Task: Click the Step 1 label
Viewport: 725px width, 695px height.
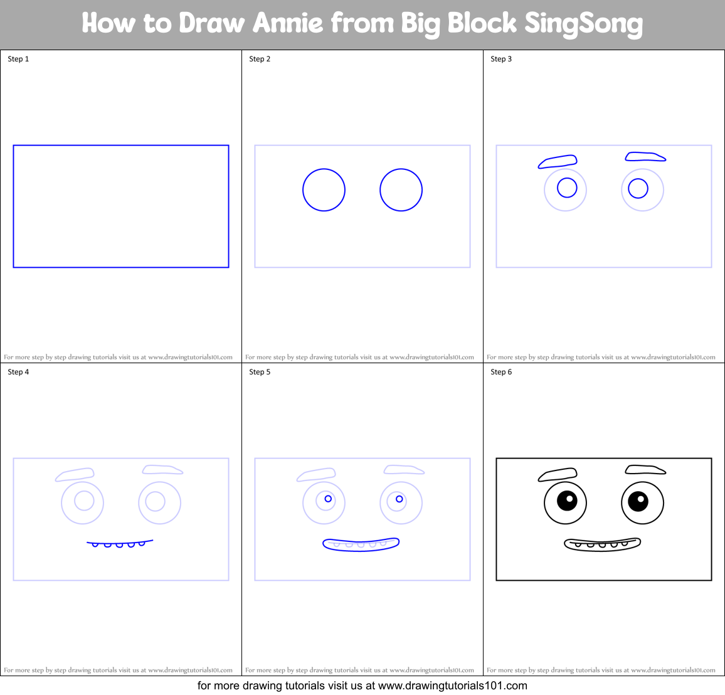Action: click(x=18, y=59)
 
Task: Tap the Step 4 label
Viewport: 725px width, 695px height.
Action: click(x=18, y=372)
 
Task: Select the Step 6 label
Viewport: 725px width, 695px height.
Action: click(x=501, y=372)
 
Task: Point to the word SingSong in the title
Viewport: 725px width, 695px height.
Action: click(x=583, y=24)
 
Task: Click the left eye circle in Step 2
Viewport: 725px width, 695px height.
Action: click(x=324, y=189)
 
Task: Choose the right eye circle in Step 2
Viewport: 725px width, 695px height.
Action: click(x=401, y=189)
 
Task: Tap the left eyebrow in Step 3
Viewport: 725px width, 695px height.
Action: click(x=558, y=162)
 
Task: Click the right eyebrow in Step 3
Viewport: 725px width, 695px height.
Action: click(x=645, y=157)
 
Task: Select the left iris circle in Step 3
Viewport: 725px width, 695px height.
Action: click(x=567, y=188)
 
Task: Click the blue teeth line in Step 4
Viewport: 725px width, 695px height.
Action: click(x=119, y=543)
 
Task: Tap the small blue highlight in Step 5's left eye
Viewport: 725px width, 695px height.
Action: click(x=328, y=499)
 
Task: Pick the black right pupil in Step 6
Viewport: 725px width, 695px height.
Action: click(x=638, y=500)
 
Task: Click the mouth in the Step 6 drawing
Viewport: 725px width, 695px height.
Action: click(x=602, y=544)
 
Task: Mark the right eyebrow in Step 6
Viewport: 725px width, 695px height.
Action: click(x=645, y=470)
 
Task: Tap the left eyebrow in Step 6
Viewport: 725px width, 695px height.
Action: click(x=558, y=475)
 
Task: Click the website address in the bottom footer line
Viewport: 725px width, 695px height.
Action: click(x=453, y=686)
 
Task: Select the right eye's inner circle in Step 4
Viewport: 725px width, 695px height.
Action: click(x=155, y=501)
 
